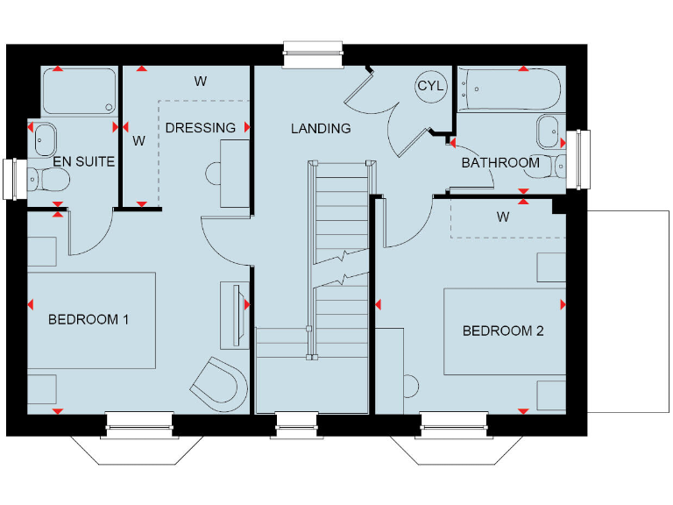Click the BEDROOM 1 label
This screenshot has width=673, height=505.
(89, 319)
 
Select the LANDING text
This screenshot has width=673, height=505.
(321, 128)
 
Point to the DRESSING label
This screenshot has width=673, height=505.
(201, 127)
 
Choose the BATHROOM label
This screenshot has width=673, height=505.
(500, 162)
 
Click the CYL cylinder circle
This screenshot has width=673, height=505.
(430, 86)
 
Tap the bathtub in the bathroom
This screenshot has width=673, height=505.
(508, 89)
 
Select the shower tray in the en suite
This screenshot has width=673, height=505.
(79, 92)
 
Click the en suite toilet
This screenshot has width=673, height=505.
(51, 180)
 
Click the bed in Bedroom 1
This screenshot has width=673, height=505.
(92, 320)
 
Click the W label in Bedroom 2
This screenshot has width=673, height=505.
(503, 216)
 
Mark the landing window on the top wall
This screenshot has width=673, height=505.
(312, 55)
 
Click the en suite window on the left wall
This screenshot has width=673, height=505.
(15, 179)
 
